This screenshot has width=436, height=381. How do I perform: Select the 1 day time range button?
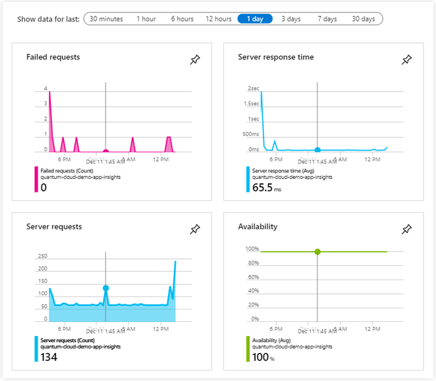(x=255, y=19)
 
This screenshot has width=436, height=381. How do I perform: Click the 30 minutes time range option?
(x=106, y=19)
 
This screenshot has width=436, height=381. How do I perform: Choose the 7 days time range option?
(x=327, y=19)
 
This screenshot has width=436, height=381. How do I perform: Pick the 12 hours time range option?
(x=218, y=19)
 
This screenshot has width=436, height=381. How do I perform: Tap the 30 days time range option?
(x=363, y=19)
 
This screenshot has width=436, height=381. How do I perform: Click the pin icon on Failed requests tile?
(x=195, y=60)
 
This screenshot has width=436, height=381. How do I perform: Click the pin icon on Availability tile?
(x=407, y=230)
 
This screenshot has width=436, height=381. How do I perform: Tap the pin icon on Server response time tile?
(x=407, y=60)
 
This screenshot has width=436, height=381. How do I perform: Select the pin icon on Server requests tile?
(x=195, y=230)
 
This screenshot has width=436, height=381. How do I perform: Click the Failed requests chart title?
(x=53, y=57)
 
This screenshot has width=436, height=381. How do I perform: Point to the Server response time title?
(x=276, y=57)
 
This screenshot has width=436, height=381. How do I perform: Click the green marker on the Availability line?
(x=317, y=252)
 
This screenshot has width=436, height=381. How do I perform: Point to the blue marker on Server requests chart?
(x=105, y=288)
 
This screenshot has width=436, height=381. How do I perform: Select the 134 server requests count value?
(x=49, y=357)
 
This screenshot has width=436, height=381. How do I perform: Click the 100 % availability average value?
(x=262, y=357)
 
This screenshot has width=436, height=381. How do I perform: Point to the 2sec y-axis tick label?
(x=253, y=88)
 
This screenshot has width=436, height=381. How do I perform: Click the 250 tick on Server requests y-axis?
(x=42, y=256)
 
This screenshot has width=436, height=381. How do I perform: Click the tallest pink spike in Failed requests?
(x=49, y=94)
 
